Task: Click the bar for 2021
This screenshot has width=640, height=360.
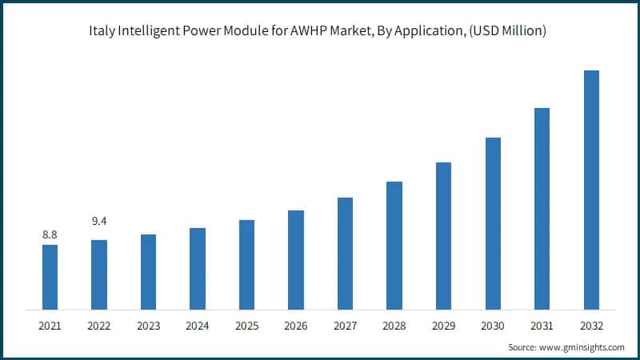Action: pos(50,277)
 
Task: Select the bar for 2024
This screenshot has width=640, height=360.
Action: pos(198,269)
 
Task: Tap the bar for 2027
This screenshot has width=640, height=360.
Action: pos(345,253)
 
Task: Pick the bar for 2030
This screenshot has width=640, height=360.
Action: pos(493,223)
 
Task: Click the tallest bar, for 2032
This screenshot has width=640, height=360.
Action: pos(591,190)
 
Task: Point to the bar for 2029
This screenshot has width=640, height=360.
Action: pos(443,236)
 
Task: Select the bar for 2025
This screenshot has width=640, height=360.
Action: pos(246,264)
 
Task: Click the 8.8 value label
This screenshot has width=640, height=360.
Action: pos(50,234)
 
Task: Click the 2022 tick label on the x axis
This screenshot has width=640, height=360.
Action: pos(99,326)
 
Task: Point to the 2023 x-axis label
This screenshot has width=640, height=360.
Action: pos(148,326)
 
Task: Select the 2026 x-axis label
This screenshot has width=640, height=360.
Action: pos(296,326)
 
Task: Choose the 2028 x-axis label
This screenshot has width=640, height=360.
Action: pos(394,326)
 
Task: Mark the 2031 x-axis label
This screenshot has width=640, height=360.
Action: pos(542,326)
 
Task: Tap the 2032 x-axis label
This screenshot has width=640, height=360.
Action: pos(591,326)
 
